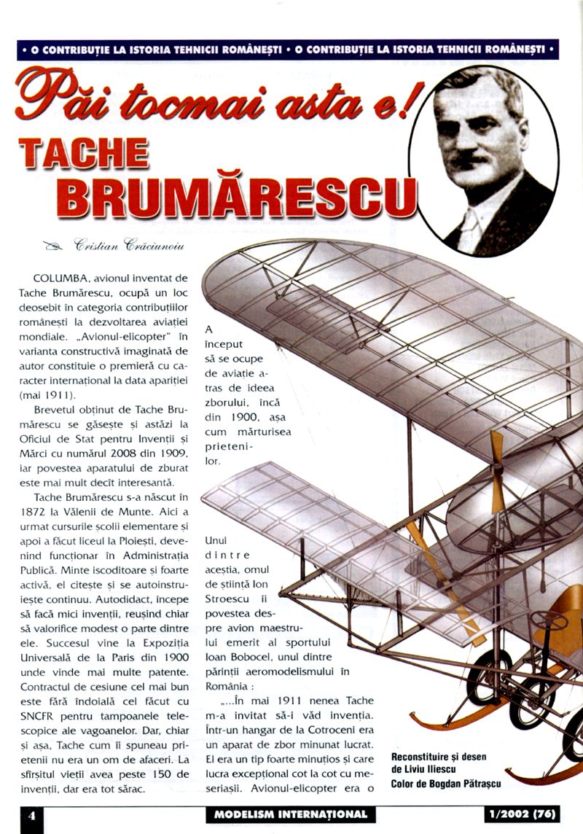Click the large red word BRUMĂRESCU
(x=238, y=194)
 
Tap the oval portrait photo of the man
(x=484, y=160)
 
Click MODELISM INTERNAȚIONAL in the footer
(x=291, y=814)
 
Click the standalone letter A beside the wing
(x=209, y=330)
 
